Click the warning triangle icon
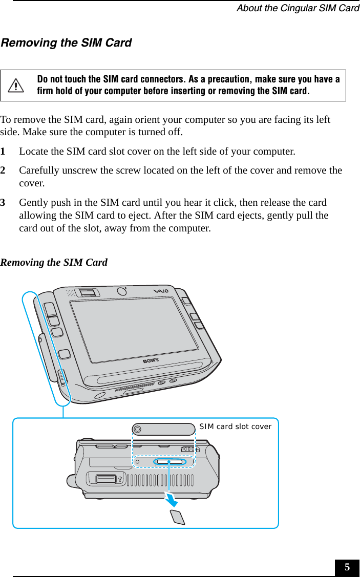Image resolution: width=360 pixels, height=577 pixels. click(19, 86)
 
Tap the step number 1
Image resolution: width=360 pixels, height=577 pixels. click(4, 152)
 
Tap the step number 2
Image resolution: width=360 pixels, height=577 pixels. click(4, 170)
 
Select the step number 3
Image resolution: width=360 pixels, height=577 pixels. click(4, 203)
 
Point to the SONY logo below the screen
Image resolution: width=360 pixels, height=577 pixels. click(150, 360)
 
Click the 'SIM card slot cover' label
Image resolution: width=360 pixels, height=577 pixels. click(235, 426)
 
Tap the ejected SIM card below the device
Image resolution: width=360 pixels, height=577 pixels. click(177, 517)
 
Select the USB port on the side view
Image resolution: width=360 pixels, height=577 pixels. click(105, 479)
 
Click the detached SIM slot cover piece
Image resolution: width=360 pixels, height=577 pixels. click(163, 429)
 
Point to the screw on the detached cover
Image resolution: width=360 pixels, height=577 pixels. click(137, 429)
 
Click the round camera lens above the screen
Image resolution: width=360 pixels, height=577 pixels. click(121, 291)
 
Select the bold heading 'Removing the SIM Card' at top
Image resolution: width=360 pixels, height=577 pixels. click(66, 43)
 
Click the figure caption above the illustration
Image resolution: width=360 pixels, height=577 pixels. click(54, 263)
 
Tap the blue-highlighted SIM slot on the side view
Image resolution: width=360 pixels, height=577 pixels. click(169, 462)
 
